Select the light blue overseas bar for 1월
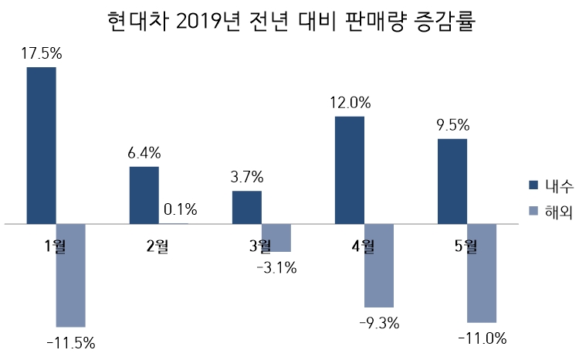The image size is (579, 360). pos(71,275)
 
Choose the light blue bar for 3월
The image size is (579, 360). pos(276,238)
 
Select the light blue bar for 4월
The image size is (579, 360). pos(379,266)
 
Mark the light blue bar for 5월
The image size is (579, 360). pos(482,273)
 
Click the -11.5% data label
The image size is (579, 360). pos(71,342)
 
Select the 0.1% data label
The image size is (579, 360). pos(179,209)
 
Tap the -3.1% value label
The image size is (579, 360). pos(276,268)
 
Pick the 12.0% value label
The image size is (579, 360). pos(351,102)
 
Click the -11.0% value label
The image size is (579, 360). pos(482,338)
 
